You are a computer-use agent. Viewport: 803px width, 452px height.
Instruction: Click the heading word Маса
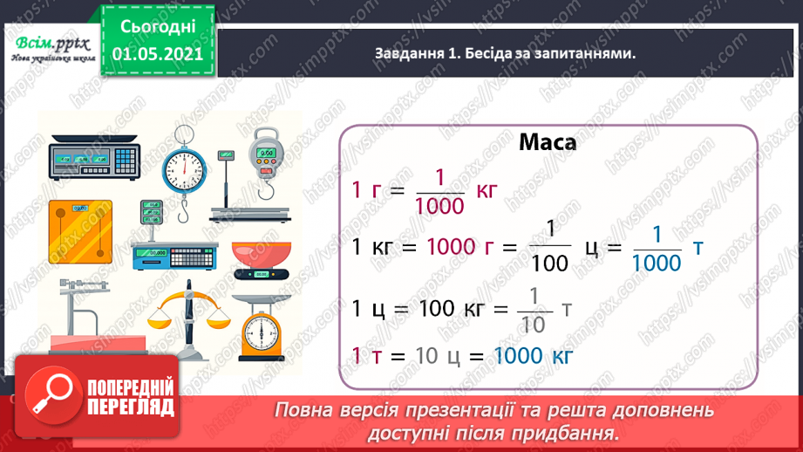tap(547, 143)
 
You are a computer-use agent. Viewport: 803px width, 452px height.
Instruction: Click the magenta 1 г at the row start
tap(367, 190)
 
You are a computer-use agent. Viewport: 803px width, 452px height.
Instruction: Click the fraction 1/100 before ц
tap(550, 249)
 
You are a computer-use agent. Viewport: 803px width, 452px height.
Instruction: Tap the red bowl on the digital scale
tap(261, 254)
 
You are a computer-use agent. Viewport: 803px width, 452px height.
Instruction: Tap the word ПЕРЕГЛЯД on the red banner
tap(132, 407)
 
